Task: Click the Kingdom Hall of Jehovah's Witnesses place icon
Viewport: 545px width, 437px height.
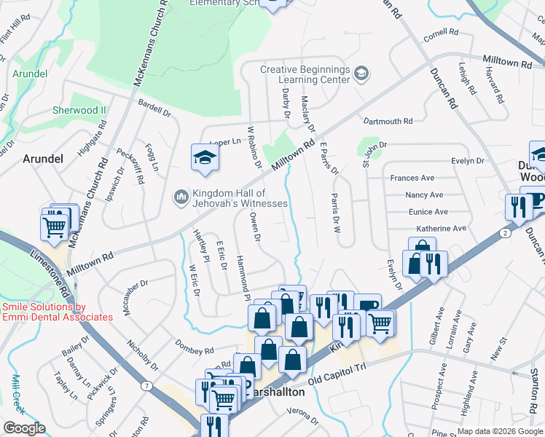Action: (x=180, y=197)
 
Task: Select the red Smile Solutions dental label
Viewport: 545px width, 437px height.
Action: (x=57, y=312)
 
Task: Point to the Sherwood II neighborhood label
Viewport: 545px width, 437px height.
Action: (x=79, y=110)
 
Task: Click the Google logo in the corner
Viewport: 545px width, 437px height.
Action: (x=23, y=428)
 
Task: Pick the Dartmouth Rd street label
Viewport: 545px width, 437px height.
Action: (x=388, y=121)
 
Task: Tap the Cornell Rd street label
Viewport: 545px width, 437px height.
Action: (x=441, y=33)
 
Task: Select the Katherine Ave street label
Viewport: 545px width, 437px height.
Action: (x=441, y=228)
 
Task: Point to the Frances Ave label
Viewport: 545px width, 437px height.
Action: (x=412, y=178)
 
